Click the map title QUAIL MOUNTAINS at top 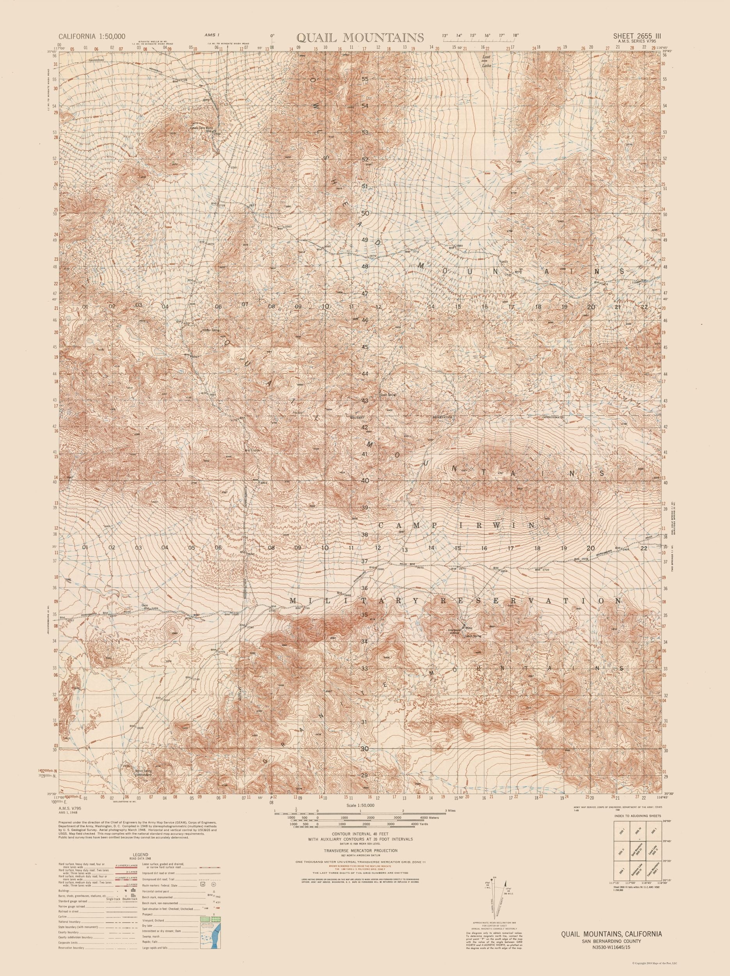tap(361, 37)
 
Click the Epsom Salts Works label tap(201, 128)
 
